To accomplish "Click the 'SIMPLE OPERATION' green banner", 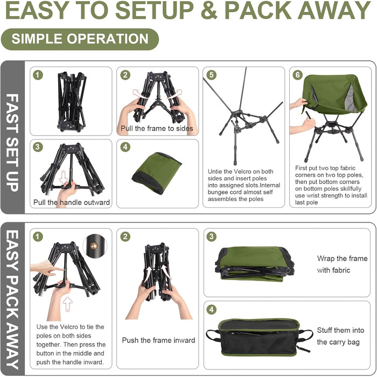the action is (80, 39).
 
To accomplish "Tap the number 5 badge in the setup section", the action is (211, 75).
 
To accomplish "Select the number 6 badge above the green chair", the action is (297, 75).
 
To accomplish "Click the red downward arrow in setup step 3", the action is (64, 177).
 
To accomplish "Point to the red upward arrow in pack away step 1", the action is (67, 304).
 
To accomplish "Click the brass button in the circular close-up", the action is (94, 246).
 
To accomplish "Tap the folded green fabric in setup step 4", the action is (157, 172).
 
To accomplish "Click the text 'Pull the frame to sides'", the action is (157, 128).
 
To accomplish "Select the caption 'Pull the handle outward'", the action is (72, 202).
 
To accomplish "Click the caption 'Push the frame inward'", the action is (158, 340).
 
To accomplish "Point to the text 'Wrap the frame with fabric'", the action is (342, 264).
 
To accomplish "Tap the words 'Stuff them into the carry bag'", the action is (340, 336).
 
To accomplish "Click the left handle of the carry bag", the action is (213, 335).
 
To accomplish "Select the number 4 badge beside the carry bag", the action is (211, 309).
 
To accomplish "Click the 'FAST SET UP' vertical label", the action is (12, 142).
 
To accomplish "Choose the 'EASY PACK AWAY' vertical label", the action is (12, 299).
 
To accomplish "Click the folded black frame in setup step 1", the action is (72, 102).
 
